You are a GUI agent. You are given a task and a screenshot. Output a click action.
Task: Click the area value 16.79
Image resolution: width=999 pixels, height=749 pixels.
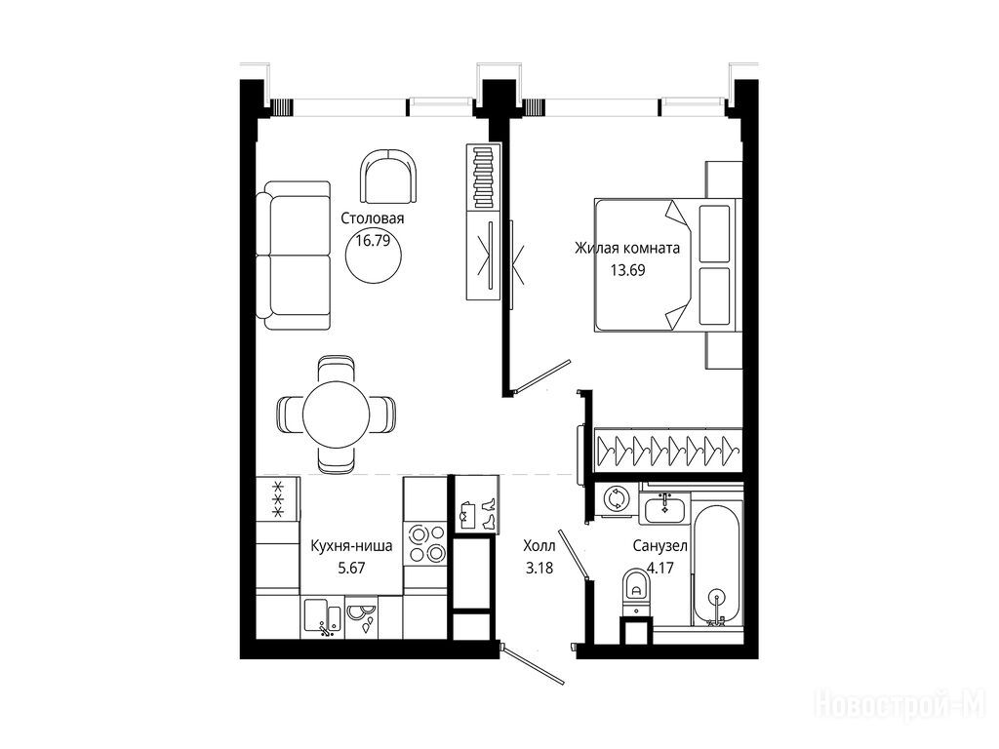point(373,240)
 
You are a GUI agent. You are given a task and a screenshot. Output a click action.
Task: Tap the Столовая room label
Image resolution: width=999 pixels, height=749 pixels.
point(372,218)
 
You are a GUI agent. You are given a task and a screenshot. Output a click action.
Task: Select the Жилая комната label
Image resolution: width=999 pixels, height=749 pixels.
point(627,248)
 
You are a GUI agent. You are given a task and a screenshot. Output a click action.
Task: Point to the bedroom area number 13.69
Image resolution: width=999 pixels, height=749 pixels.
point(627,269)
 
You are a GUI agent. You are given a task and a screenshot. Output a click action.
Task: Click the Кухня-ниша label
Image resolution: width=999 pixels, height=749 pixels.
point(351,546)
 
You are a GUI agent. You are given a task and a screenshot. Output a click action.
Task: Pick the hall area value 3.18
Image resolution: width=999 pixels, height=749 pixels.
point(539,568)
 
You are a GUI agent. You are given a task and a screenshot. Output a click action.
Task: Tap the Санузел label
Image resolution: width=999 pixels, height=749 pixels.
point(659,546)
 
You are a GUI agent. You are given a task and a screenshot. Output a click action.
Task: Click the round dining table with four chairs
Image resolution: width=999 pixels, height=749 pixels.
point(336,415)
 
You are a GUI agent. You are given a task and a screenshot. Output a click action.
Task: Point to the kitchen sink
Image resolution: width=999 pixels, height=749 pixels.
point(322,617)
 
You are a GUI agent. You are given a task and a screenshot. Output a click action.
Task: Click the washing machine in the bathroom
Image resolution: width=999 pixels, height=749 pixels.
point(617,498)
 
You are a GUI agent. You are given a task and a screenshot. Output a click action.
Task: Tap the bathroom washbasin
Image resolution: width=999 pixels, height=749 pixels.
point(664,507)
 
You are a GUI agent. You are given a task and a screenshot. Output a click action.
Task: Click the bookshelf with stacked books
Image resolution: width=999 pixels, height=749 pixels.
point(484,177)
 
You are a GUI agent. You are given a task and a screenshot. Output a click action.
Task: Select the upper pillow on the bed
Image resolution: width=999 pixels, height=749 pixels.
point(714,233)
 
